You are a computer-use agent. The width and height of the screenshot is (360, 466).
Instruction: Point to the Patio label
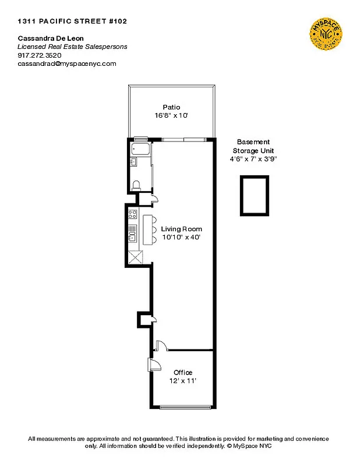coord(171,107)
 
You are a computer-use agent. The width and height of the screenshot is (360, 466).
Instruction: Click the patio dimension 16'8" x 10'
coord(171,115)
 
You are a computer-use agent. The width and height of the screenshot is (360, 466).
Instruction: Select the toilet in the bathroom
coord(136,185)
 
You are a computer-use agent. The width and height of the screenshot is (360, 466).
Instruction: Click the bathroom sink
coord(133,162)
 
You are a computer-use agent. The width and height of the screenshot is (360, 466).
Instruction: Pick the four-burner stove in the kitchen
coord(132,214)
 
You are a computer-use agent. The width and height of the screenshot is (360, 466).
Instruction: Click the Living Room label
coord(181,229)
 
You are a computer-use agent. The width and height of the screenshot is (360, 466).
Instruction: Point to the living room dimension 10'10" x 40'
coord(181,237)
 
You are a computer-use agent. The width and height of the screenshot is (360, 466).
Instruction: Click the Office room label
coord(183,372)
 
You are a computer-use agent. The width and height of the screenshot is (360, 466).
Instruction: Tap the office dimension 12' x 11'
coord(183,380)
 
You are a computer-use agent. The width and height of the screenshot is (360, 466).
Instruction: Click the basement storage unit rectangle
coord(254,196)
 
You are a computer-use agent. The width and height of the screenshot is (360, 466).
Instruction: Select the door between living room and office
coord(161,345)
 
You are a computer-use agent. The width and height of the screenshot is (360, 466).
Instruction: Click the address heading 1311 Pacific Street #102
coord(72,21)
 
